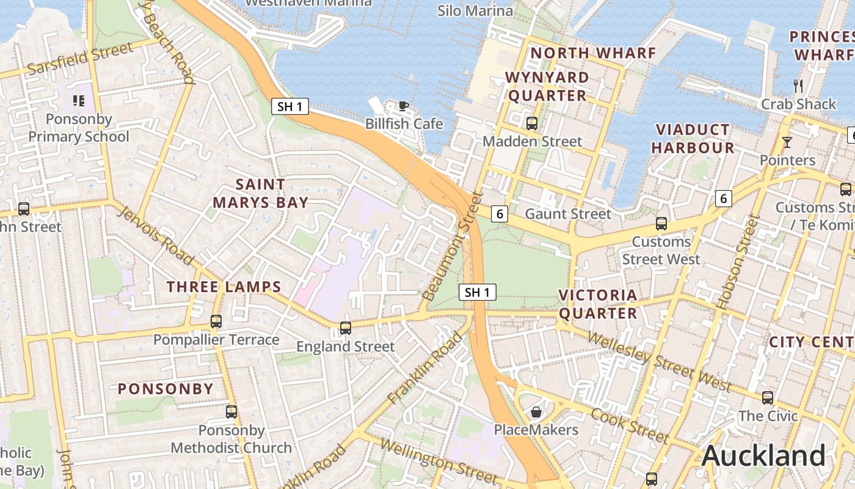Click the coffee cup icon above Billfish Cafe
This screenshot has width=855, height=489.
point(403,106)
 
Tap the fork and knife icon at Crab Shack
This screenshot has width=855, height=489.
point(798,86)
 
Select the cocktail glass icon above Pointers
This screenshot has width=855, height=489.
point(787,142)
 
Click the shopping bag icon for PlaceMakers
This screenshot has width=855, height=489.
point(536,412)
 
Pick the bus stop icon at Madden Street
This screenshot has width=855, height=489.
point(531,123)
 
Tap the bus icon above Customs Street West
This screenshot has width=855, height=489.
point(661,224)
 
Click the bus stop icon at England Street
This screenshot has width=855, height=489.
point(345,328)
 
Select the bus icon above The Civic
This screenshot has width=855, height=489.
point(767,398)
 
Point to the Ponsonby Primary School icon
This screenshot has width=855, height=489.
point(78,100)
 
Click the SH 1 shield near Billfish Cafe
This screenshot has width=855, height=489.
point(289,107)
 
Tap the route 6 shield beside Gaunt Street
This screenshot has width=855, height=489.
point(500,214)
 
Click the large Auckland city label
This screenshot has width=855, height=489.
point(763,456)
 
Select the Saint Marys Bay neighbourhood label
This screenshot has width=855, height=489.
point(260,193)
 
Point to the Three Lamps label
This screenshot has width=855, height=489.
point(224,287)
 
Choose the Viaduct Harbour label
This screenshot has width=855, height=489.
point(693,139)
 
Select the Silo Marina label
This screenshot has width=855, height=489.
point(475,11)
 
